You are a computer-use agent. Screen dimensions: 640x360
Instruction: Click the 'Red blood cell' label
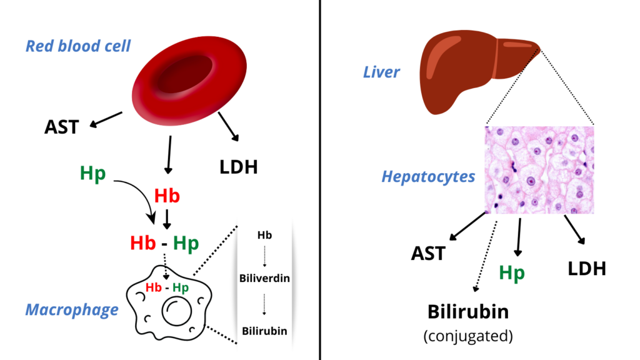pos(78,46)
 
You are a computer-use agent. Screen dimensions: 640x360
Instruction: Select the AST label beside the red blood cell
pos(61,127)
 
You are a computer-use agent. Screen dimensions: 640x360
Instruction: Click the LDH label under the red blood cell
pos(238,167)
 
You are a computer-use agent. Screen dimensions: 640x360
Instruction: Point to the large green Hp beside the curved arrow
pos(92,174)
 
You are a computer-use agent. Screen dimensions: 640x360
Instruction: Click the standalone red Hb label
pos(167,196)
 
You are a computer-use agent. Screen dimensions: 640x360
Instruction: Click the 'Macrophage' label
pos(72,310)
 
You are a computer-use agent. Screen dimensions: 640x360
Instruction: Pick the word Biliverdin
pos(264,278)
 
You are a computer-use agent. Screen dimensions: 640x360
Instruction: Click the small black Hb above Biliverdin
pos(264,235)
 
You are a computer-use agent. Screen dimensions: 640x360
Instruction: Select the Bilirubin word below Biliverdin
pos(264,331)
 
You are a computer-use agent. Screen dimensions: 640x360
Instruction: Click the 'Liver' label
pos(381,72)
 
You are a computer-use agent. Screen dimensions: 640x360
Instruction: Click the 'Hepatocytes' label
pos(428,176)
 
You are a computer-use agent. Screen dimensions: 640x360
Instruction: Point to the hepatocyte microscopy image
pos(539,170)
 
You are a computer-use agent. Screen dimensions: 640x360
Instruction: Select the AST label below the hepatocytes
pos(427,254)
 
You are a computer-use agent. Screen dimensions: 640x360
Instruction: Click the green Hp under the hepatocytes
pos(512,272)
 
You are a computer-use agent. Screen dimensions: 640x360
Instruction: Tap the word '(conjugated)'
pos(468,336)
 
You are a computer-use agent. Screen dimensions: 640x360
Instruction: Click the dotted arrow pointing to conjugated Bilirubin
pos(486,256)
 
